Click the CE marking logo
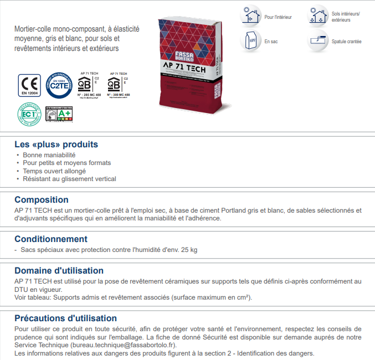[x=29, y=85]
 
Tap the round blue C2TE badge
[x=59, y=85]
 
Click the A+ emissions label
[x=59, y=115]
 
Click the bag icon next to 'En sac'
[x=251, y=40]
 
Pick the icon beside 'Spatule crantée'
[x=319, y=40]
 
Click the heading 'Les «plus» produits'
[x=56, y=145]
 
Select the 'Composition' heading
[x=42, y=200]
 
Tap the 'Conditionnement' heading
[x=51, y=239]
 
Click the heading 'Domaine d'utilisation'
[x=59, y=271]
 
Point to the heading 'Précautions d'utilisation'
[x=65, y=318]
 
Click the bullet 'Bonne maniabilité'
[x=49, y=155]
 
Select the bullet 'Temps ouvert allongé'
[x=54, y=171]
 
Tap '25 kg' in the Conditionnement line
[x=188, y=250]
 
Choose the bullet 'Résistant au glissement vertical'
[x=69, y=179]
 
